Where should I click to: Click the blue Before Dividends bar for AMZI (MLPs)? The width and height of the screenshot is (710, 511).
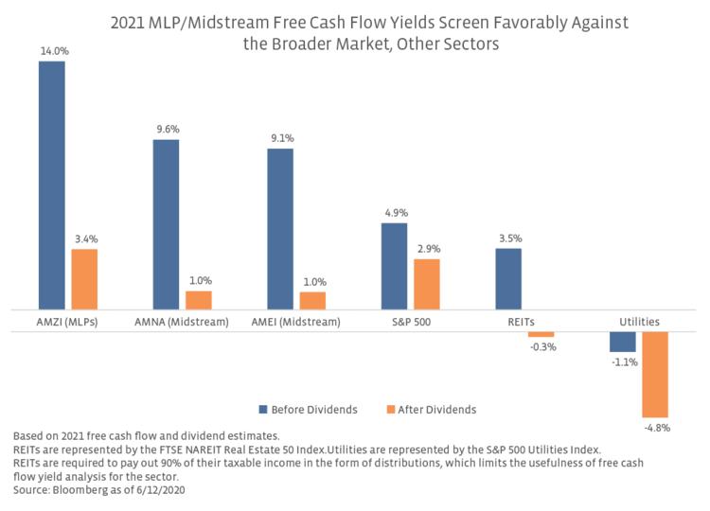pos(51,185)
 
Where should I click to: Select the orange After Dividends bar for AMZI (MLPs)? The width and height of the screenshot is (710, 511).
pos(84,279)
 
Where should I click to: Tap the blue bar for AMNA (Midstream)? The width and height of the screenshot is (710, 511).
pos(166,224)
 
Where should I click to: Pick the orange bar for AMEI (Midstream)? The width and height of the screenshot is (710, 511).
pos(312,300)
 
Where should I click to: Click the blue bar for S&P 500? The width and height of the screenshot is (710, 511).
pos(394,266)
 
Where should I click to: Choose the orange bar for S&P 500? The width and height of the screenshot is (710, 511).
pos(427,284)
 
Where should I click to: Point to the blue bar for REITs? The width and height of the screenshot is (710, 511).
pos(508,278)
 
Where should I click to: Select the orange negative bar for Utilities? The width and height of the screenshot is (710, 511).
pos(655,375)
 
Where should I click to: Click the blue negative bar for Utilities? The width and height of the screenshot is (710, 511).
pos(623,342)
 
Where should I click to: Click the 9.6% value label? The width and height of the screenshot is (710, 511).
pos(167,130)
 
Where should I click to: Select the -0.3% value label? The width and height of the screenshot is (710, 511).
pos(542,347)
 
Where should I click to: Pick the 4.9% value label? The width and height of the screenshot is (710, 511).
pos(395,213)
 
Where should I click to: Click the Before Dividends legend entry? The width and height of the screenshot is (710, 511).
pos(308,410)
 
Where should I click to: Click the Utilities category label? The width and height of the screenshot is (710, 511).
pos(640,323)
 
